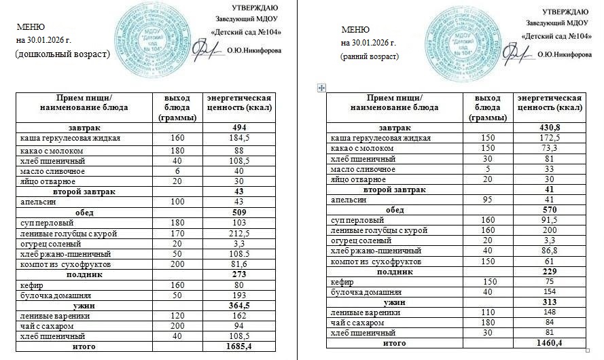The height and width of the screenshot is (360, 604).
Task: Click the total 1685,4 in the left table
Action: coord(238,346)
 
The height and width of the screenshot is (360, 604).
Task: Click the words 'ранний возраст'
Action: coord(370,56)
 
